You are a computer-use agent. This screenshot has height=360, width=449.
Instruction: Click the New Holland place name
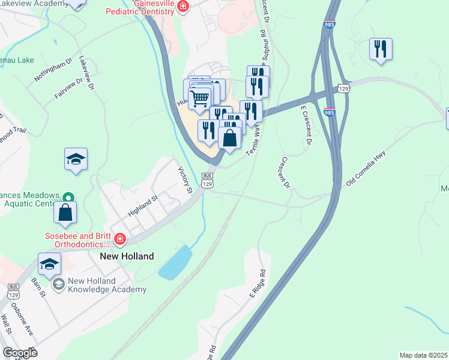click(126, 256)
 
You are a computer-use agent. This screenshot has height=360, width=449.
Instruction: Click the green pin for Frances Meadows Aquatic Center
click(69, 197)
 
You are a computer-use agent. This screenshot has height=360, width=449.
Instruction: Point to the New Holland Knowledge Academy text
click(107, 286)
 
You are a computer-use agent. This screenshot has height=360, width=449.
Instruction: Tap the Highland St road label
click(142, 205)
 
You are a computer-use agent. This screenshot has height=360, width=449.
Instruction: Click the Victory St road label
click(184, 181)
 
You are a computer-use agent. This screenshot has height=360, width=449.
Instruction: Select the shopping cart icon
click(200, 97)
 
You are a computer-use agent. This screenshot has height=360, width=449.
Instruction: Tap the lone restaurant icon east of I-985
click(381, 49)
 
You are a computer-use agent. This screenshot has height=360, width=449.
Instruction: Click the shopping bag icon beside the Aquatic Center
click(65, 212)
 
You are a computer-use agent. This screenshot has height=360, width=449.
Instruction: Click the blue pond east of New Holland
click(175, 263)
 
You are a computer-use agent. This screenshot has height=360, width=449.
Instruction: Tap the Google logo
click(20, 353)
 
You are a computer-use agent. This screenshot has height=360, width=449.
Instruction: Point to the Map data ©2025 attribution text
click(423, 355)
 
